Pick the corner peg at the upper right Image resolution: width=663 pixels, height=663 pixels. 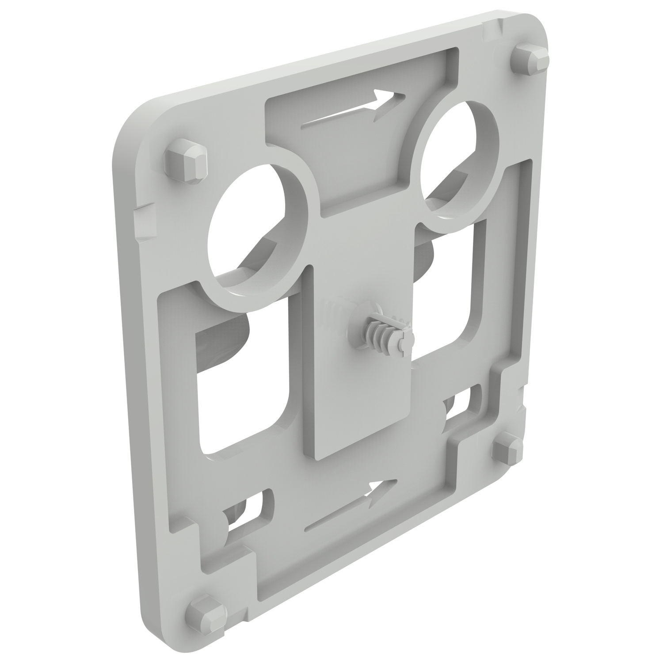(x=530, y=59)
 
